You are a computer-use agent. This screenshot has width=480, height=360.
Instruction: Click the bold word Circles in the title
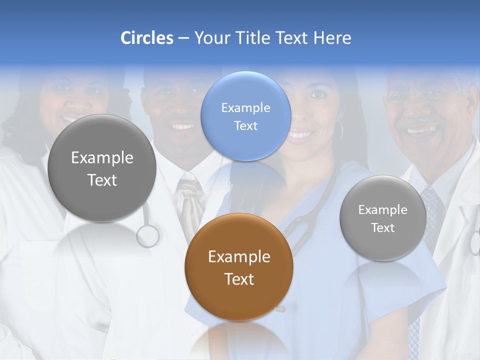[147, 38]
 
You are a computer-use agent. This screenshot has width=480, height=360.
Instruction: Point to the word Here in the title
[332, 38]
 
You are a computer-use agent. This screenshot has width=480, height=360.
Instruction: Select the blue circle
[245, 116]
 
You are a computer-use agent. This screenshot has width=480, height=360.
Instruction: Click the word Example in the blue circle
[245, 107]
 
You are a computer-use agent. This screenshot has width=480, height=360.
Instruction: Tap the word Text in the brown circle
[239, 279]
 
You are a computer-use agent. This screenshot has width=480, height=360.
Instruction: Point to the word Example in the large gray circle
[102, 158]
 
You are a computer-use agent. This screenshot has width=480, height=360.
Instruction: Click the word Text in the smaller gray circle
[383, 228]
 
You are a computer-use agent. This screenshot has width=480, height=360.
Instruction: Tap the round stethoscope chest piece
[148, 236]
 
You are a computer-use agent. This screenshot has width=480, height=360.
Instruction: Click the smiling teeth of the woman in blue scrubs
[300, 135]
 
